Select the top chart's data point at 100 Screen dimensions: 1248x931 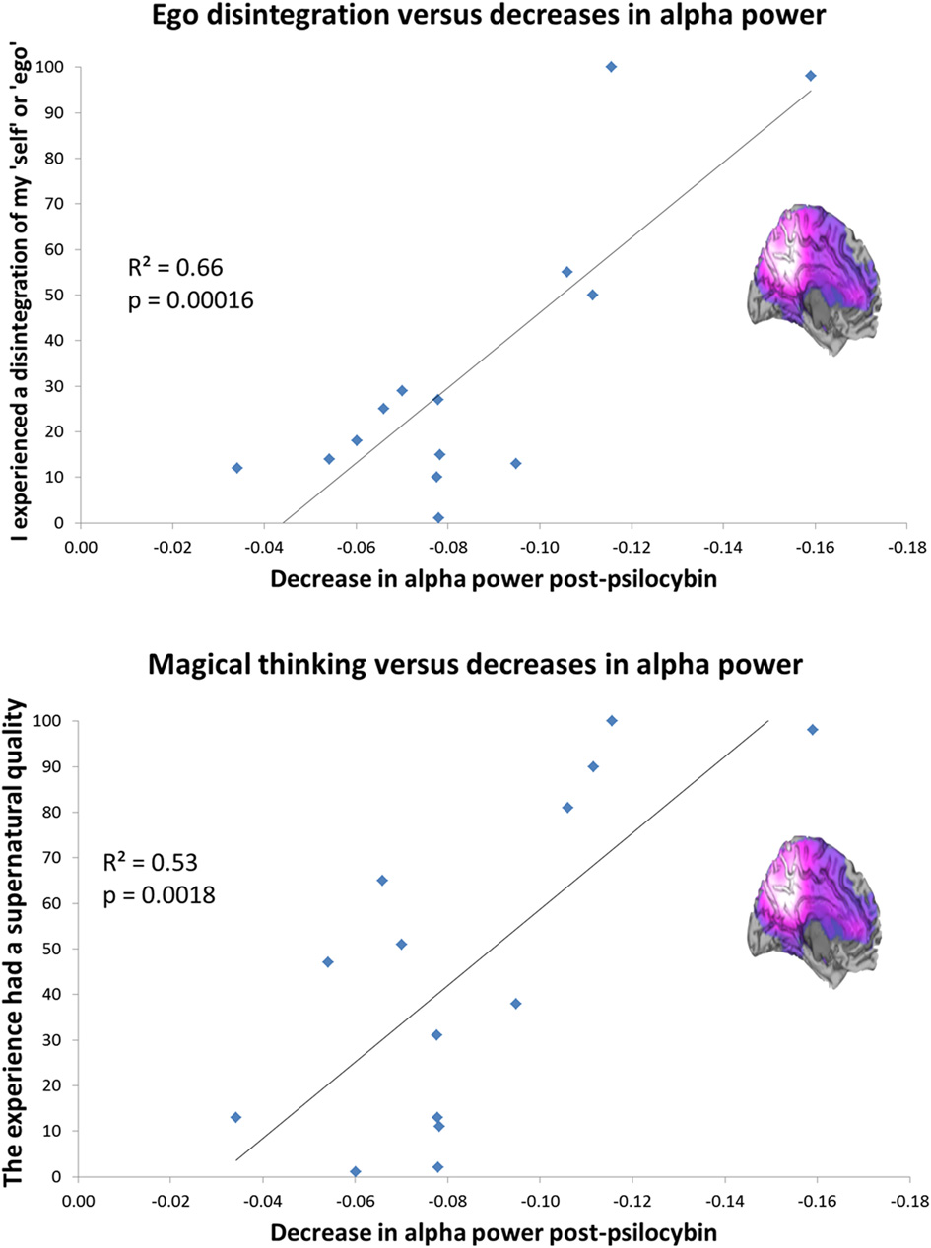point(611,66)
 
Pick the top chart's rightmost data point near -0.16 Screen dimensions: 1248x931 point(811,76)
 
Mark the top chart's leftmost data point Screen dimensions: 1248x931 point(236,468)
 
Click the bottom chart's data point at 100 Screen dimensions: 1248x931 point(612,721)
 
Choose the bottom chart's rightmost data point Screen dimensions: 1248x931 point(813,730)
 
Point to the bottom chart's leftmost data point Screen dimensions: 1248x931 point(235,1117)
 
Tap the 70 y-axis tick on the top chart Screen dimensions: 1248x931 point(61,203)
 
